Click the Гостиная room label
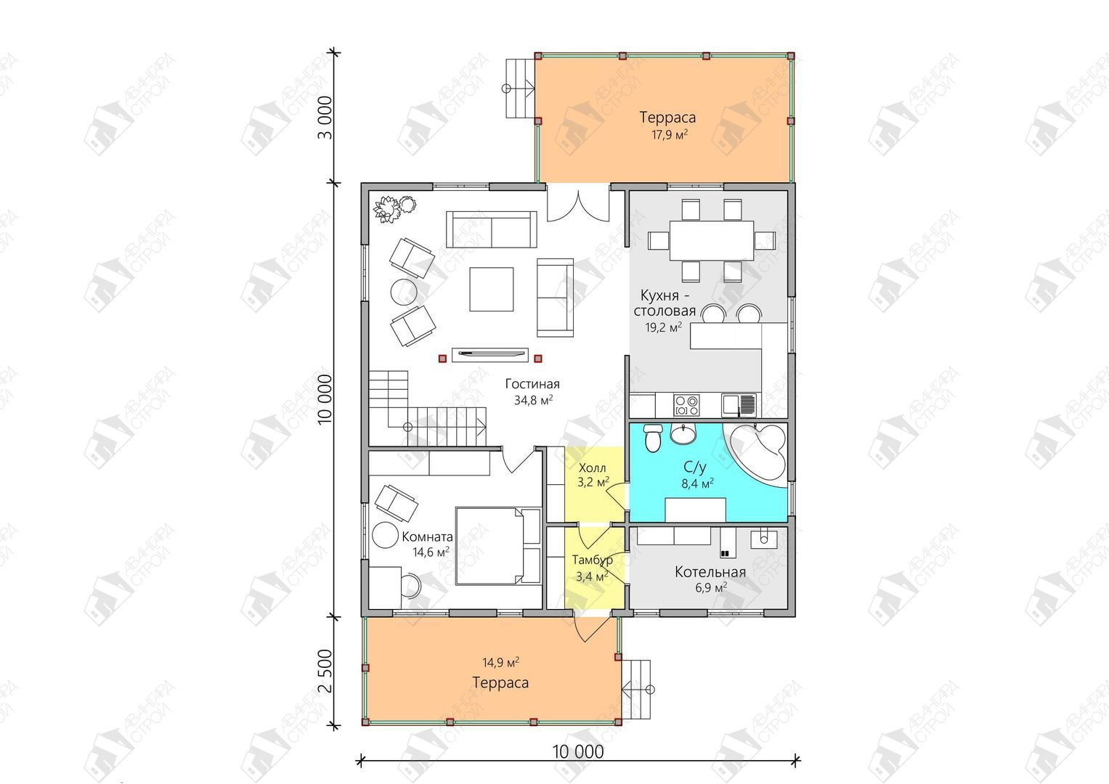[532, 384]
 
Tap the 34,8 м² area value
[533, 400]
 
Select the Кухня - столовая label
[665, 303]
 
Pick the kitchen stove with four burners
[687, 405]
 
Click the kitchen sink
[739, 404]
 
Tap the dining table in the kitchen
[712, 240]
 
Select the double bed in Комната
[498, 545]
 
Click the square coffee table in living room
[491, 289]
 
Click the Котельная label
[710, 573]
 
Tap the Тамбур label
[592, 560]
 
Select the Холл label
[592, 467]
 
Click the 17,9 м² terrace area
[670, 134]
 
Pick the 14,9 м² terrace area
[501, 662]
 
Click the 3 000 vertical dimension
[325, 118]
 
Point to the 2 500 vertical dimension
[325, 671]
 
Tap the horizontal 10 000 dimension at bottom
[578, 752]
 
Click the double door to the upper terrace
[578, 203]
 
